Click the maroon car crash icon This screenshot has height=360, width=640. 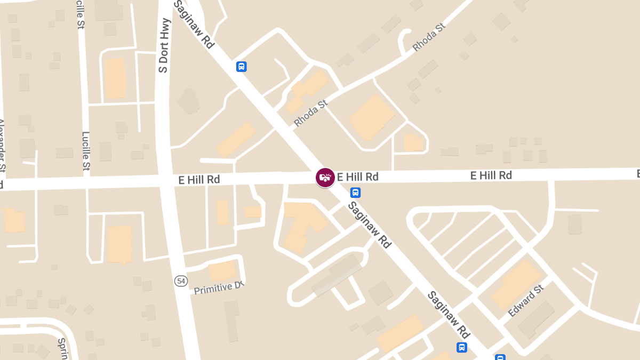325,178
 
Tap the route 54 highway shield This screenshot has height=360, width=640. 180,281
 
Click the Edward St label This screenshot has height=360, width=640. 525,301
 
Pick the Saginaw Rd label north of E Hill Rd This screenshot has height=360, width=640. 194,25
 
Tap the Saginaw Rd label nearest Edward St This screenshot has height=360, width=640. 448,315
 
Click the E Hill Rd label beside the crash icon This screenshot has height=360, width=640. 357,177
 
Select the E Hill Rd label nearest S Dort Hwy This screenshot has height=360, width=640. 199,180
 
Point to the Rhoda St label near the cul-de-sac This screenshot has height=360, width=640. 428,37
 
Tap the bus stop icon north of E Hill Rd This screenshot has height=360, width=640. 241,67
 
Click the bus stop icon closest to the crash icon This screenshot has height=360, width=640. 355,193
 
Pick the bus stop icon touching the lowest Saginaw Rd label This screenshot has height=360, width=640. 462,347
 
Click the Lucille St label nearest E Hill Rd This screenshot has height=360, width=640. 86,151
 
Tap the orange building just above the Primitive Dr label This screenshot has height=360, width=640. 222,271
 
